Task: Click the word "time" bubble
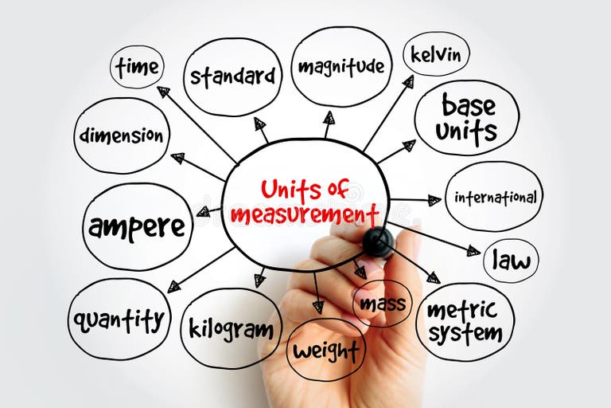(x=137, y=67)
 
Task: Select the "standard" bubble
(x=232, y=77)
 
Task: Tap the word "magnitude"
(x=341, y=66)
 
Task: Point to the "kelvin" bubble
(x=435, y=54)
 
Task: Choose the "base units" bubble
(x=467, y=117)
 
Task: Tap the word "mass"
(x=382, y=304)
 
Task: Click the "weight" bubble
(x=325, y=350)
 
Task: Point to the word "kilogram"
(x=231, y=328)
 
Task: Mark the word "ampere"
(x=137, y=227)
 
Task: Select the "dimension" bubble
(x=122, y=135)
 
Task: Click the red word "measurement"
(x=305, y=214)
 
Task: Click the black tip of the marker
(x=378, y=241)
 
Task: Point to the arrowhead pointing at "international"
(x=434, y=200)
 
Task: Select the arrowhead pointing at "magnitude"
(x=329, y=118)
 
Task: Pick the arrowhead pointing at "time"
(x=163, y=92)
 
